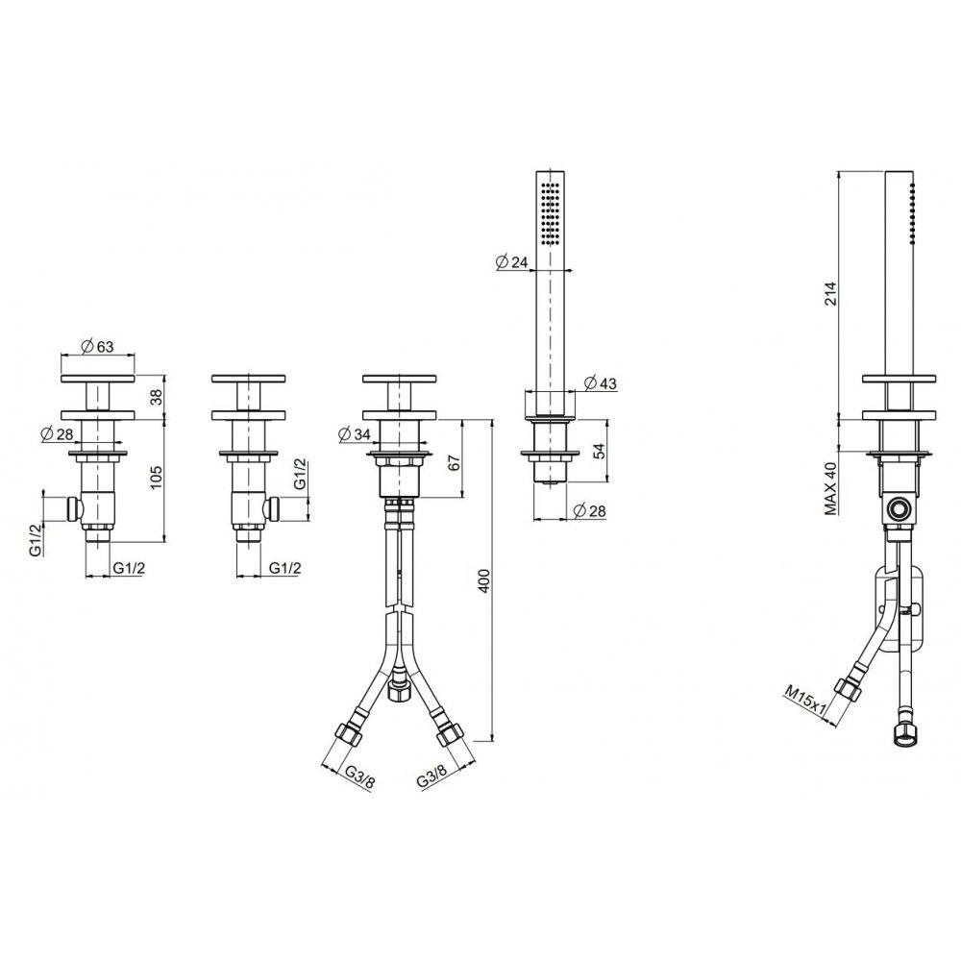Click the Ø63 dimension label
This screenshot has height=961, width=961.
click(x=97, y=346)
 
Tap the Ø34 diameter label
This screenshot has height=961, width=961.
click(x=355, y=434)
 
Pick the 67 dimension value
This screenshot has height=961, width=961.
click(x=454, y=462)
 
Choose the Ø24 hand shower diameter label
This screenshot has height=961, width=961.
click(x=511, y=262)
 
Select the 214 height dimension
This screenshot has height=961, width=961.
click(x=830, y=294)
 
